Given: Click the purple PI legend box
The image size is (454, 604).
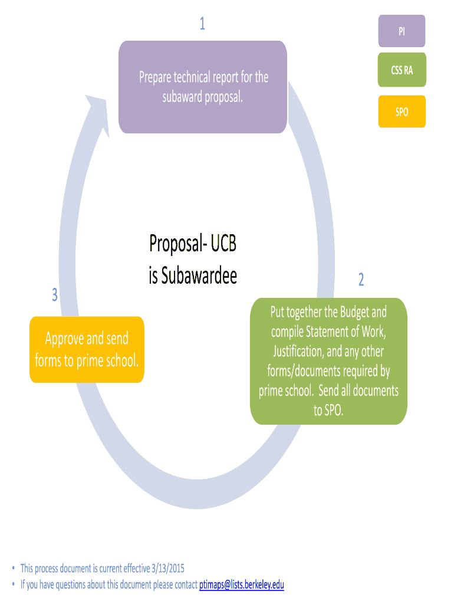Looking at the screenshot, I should (402, 32).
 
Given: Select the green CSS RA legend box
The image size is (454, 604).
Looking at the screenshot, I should (402, 70).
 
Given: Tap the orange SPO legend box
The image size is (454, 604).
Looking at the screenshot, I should (402, 111).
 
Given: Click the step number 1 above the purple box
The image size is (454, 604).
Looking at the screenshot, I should (202, 24).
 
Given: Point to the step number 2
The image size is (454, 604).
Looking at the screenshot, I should (361, 280).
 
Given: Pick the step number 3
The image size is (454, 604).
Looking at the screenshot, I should (54, 295).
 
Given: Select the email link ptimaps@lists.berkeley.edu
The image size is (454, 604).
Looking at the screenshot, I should (242, 585).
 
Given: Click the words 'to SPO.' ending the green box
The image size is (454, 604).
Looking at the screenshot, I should (328, 411).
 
